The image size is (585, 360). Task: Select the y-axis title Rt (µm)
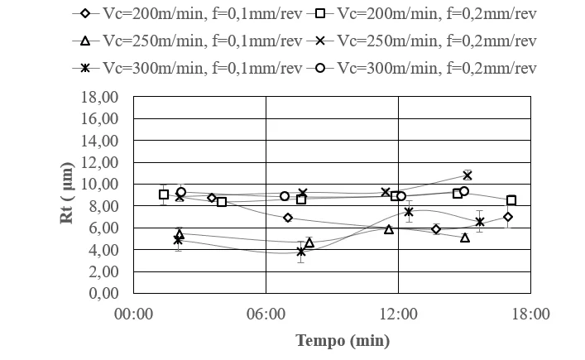click(69, 194)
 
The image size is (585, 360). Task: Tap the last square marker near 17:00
click(511, 200)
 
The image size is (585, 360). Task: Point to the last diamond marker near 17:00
click(508, 217)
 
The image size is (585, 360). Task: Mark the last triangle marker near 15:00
click(465, 238)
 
